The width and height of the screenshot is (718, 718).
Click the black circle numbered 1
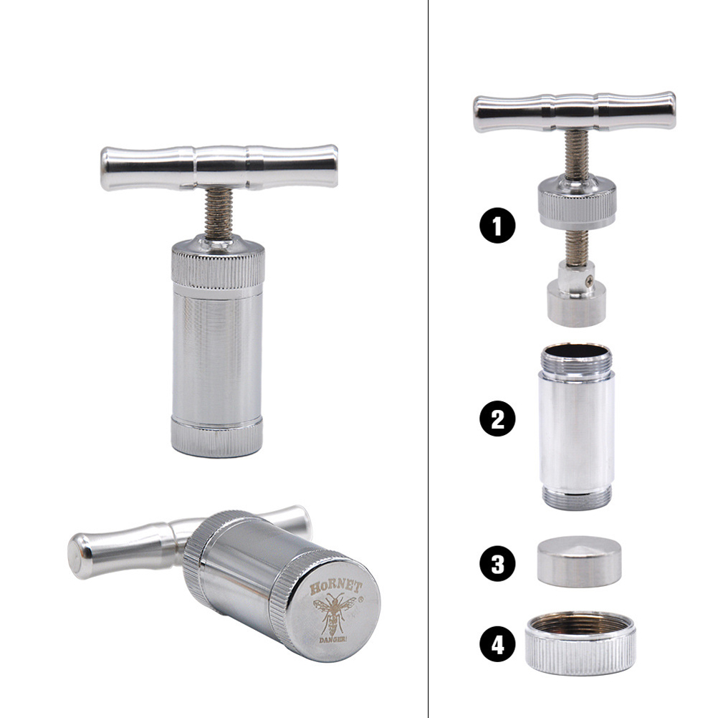(x=498, y=225)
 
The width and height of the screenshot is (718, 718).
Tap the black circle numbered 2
(x=498, y=418)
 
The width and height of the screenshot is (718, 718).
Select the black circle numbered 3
(x=498, y=563)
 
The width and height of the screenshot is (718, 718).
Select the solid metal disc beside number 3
(x=579, y=561)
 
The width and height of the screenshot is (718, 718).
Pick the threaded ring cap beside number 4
(x=580, y=643)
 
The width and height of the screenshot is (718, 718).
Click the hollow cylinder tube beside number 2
(x=577, y=426)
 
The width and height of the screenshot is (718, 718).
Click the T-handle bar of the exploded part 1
(x=575, y=111)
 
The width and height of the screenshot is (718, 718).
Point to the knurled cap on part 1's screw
(x=577, y=201)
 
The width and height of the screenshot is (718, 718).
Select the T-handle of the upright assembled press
(x=219, y=167)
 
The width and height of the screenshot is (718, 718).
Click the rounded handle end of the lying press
(x=80, y=555)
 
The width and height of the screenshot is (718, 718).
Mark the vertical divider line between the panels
(x=428, y=359)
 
